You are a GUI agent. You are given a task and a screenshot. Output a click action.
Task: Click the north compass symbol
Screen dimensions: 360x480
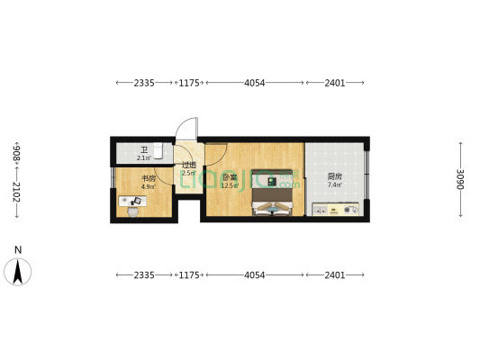pyautogui.click(x=19, y=270)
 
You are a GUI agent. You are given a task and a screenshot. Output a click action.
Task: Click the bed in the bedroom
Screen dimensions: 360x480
pyautogui.click(x=272, y=193)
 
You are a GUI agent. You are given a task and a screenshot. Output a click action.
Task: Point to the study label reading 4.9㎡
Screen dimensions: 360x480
pyautogui.click(x=149, y=183)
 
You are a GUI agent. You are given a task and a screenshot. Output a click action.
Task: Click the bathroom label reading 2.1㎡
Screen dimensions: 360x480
pyautogui.click(x=143, y=154)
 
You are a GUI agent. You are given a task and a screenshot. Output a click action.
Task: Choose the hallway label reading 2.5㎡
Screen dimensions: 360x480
pyautogui.click(x=188, y=168)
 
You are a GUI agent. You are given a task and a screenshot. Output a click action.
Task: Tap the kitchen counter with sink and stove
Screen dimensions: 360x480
pyautogui.click(x=336, y=210)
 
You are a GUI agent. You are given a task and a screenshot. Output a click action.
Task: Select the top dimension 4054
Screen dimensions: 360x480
pyautogui.click(x=255, y=83)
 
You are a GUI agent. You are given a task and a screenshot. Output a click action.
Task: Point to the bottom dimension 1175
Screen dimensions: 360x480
pyautogui.click(x=188, y=274)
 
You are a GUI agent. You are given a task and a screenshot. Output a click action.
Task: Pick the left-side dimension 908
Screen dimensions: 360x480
pyautogui.click(x=16, y=152)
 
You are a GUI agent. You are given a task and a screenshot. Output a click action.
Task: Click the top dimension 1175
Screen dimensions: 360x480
pyautogui.click(x=188, y=83)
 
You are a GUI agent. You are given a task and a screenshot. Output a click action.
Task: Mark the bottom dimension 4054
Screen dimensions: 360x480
pyautogui.click(x=255, y=274)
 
